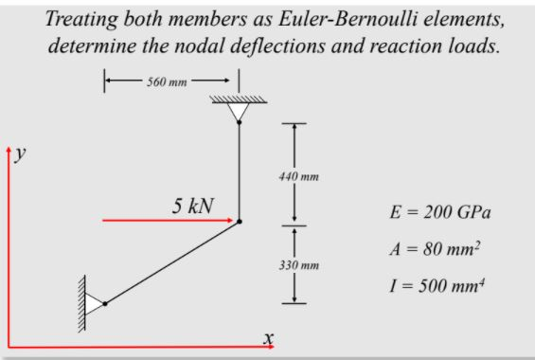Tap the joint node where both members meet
tap(240, 221)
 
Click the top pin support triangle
tap(239, 112)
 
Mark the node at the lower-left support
tap(105, 303)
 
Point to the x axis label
tap(268, 336)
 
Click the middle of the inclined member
tap(172, 261)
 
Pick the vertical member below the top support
tap(239, 171)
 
